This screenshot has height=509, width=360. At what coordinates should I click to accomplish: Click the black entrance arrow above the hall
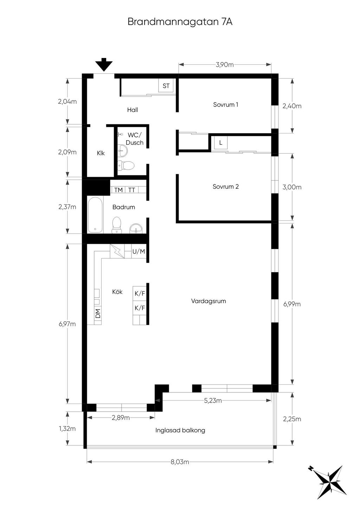[x=104, y=65]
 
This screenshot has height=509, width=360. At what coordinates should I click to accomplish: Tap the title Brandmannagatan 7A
[x=180, y=22]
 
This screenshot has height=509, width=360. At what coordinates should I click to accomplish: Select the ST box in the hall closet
[x=166, y=86]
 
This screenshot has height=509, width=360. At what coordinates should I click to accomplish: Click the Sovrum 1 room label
[x=226, y=105]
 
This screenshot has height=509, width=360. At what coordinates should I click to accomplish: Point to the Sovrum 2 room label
[x=226, y=187]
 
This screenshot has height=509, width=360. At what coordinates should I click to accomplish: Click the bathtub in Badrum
[x=95, y=215]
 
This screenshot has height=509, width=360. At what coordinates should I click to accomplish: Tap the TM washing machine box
[x=118, y=190]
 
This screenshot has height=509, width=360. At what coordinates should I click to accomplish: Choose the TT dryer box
[x=132, y=190]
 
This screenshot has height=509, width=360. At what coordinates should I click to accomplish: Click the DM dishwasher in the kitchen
[x=98, y=314]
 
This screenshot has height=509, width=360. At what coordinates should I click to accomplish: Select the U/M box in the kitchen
[x=139, y=251]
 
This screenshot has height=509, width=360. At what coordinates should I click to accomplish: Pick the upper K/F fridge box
[x=140, y=293]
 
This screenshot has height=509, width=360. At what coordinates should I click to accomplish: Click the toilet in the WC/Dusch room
[x=126, y=165]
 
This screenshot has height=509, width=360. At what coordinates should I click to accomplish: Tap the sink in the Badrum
[x=136, y=228]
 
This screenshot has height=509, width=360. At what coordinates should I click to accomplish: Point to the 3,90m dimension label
[x=225, y=65]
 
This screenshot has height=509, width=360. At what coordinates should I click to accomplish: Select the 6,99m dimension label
[x=292, y=304]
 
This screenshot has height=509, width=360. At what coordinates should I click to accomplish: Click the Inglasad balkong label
[x=180, y=430]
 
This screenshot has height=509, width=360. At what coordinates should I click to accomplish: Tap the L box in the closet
[x=220, y=143]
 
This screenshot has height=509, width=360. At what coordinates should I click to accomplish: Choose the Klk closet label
[x=101, y=153]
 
